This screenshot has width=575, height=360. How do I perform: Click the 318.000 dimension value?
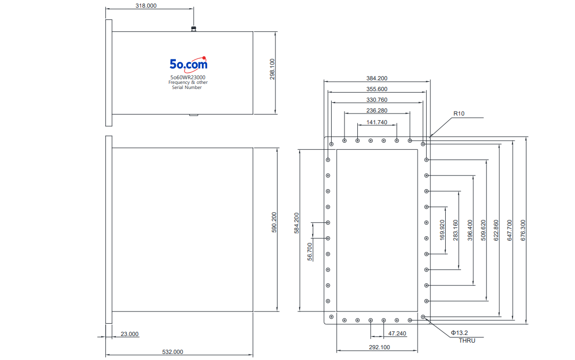[146, 6]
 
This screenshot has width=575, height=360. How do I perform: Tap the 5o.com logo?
[189, 64]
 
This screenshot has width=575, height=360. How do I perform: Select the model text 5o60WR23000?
[188, 77]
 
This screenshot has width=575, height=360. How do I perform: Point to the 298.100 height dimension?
[272, 69]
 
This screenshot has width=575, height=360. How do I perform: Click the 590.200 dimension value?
[274, 222]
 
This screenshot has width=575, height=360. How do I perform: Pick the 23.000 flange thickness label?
[129, 334]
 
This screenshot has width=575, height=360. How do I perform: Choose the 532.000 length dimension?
[173, 352]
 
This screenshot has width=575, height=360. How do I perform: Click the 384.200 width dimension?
[377, 78]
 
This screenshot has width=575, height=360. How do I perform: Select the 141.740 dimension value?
[377, 122]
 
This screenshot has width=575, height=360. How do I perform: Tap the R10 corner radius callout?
[459, 114]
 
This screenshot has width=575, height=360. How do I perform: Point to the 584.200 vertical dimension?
[296, 223]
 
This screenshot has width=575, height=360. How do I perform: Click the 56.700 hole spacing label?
[310, 252]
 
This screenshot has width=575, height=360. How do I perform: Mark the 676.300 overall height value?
[523, 231]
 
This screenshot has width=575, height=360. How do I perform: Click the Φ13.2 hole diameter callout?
[459, 333]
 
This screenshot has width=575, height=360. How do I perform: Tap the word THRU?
[467, 341]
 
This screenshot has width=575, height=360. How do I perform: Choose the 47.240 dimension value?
[397, 333]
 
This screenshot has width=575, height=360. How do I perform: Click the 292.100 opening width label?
[380, 347]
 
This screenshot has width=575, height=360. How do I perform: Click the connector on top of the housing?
[194, 28]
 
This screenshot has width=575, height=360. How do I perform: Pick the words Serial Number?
[187, 87]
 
